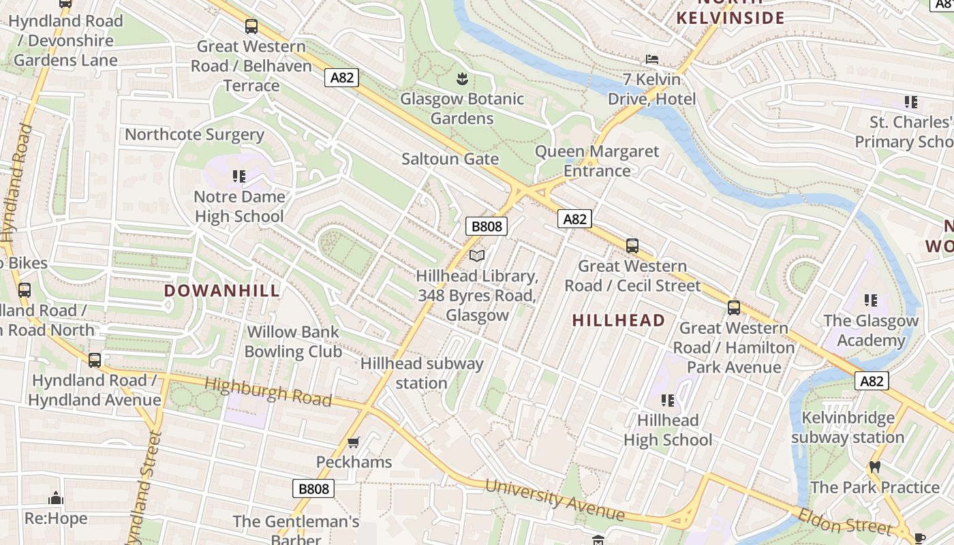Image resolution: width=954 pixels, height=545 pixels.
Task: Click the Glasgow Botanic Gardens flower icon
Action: click(462, 79)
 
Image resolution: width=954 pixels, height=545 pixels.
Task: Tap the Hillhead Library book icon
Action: click(478, 255)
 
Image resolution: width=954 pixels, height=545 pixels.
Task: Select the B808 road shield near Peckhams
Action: click(314, 488)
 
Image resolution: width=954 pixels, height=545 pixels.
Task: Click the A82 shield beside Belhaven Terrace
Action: click(341, 78)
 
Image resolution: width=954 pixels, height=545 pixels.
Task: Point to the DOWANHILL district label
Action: click(222, 291)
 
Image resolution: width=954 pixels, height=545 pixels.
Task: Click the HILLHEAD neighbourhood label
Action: click(619, 320)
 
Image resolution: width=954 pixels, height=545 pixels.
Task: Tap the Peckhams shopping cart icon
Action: click(353, 443)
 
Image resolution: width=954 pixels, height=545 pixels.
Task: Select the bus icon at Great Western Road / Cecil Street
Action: click(632, 246)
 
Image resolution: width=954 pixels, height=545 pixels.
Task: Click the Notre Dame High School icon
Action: click(238, 176)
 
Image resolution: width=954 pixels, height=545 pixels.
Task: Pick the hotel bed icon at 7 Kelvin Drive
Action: click(652, 60)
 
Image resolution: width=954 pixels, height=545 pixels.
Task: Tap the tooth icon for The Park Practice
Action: click(875, 467)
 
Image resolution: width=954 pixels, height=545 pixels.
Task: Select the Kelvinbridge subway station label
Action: click(847, 427)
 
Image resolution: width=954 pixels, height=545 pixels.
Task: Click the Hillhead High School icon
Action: click(668, 401)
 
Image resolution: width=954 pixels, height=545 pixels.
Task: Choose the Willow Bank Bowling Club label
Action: click(293, 342)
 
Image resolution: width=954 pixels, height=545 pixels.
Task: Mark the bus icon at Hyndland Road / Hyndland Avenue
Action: click(95, 360)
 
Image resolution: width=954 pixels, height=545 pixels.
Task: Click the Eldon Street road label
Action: click(846, 521)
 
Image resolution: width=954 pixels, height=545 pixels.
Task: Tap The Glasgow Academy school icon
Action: click(870, 300)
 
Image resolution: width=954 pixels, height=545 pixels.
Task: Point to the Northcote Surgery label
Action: click(194, 134)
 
